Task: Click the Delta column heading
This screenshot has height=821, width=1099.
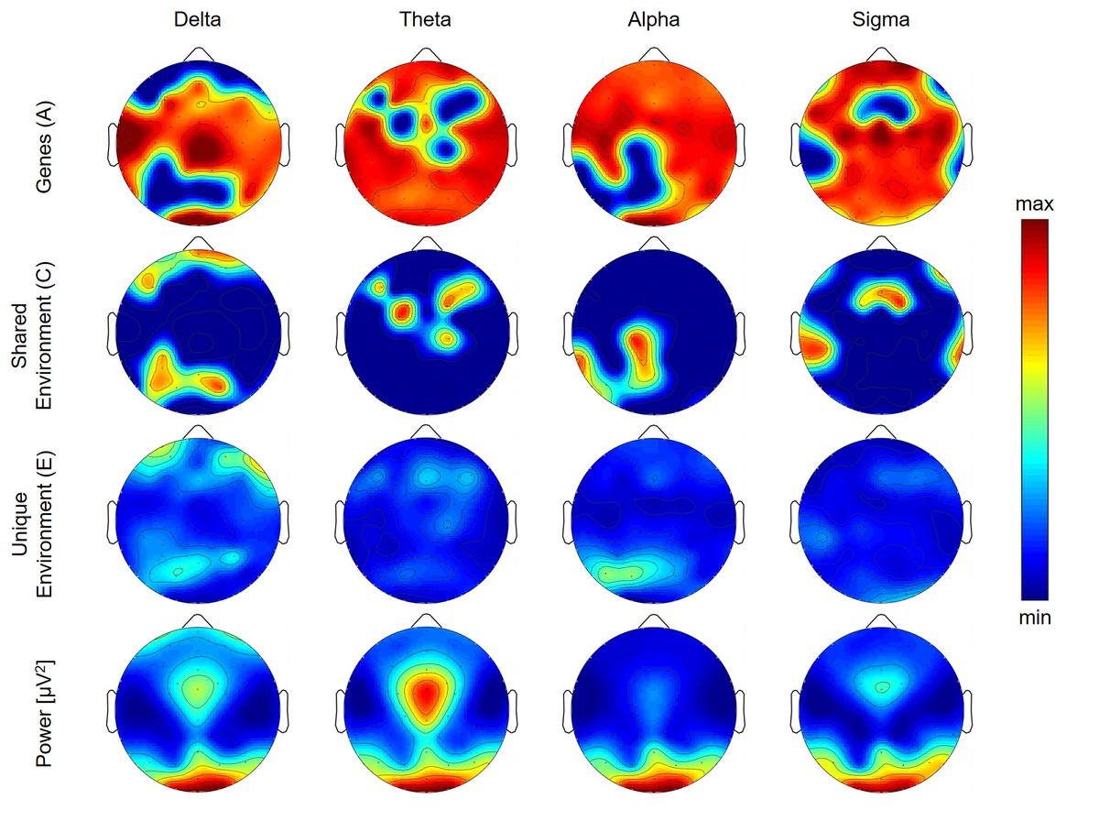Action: coord(198,21)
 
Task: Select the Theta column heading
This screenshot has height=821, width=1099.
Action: coord(425,21)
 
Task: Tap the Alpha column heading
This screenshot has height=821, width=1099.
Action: coord(653,21)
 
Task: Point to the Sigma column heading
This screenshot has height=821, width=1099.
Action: coord(880,21)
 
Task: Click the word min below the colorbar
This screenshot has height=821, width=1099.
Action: coord(1035,618)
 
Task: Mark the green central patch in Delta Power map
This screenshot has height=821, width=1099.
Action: coord(196,687)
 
